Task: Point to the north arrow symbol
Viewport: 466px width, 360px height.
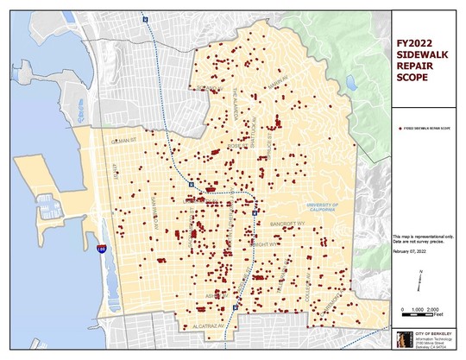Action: pos(419,276)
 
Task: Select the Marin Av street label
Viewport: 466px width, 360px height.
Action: pos(276,84)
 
